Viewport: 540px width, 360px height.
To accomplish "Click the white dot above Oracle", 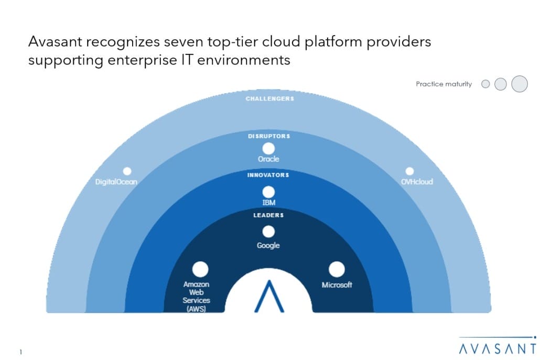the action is (268, 149).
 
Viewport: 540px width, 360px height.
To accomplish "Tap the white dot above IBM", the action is (268, 192).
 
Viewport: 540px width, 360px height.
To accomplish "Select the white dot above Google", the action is (268, 232).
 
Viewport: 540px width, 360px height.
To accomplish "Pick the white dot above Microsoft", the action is (337, 269).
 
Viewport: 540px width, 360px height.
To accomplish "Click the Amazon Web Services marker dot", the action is (200, 269).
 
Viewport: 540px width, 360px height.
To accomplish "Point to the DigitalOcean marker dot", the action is (127, 171).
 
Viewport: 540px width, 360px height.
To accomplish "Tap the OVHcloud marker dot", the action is (409, 171).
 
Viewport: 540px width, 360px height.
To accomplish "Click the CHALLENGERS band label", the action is (269, 99).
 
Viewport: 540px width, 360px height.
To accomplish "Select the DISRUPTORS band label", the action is (269, 136).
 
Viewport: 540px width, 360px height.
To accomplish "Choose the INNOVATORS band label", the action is (268, 175).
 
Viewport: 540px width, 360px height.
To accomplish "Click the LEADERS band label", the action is (268, 215).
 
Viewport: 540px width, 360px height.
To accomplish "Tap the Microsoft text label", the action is (337, 285).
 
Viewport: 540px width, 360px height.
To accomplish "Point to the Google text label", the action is (268, 245).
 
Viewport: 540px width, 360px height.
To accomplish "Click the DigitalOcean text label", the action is (116, 182).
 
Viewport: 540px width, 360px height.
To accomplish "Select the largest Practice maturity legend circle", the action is (520, 84).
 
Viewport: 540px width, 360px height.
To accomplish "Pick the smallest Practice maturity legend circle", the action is (485, 84).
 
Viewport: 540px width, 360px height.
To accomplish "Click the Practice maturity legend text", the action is (444, 84).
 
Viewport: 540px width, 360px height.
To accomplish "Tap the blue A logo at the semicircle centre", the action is (269, 296).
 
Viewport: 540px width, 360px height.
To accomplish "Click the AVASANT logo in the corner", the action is (498, 345).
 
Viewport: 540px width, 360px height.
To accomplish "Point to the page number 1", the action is (20, 352).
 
